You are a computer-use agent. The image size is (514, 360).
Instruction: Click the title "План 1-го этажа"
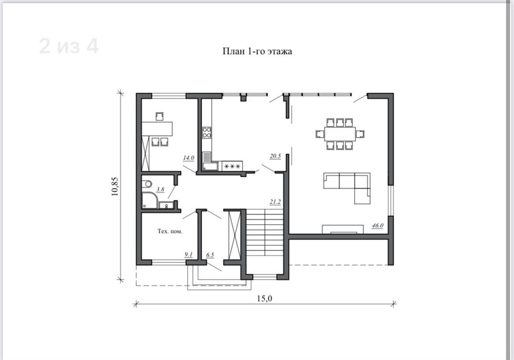click(x=257, y=51)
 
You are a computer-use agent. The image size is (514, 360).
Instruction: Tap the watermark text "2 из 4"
click(x=69, y=46)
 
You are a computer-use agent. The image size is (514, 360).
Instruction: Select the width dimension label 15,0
click(x=265, y=298)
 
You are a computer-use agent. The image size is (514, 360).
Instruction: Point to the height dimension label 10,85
click(x=115, y=186)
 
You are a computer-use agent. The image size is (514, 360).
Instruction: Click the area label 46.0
click(x=377, y=226)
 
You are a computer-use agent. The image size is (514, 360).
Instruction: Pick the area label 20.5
click(x=276, y=156)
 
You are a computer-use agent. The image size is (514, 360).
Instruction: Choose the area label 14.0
click(x=189, y=158)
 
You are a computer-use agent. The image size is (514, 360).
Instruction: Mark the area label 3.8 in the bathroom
click(x=160, y=189)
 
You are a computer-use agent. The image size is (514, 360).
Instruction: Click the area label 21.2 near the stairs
click(x=276, y=202)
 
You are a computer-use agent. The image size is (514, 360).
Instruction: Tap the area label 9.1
click(x=189, y=255)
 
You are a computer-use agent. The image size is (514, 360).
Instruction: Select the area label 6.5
click(x=210, y=255)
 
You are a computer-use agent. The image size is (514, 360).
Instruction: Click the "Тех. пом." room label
click(x=170, y=231)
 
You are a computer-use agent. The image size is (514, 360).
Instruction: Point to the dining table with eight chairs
click(x=340, y=134)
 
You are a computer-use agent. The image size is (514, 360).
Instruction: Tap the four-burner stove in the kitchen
click(x=207, y=133)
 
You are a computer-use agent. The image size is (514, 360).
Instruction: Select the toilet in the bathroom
click(x=146, y=184)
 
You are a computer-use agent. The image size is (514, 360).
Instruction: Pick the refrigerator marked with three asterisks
click(x=232, y=166)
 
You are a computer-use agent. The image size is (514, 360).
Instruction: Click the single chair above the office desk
click(x=160, y=116)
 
